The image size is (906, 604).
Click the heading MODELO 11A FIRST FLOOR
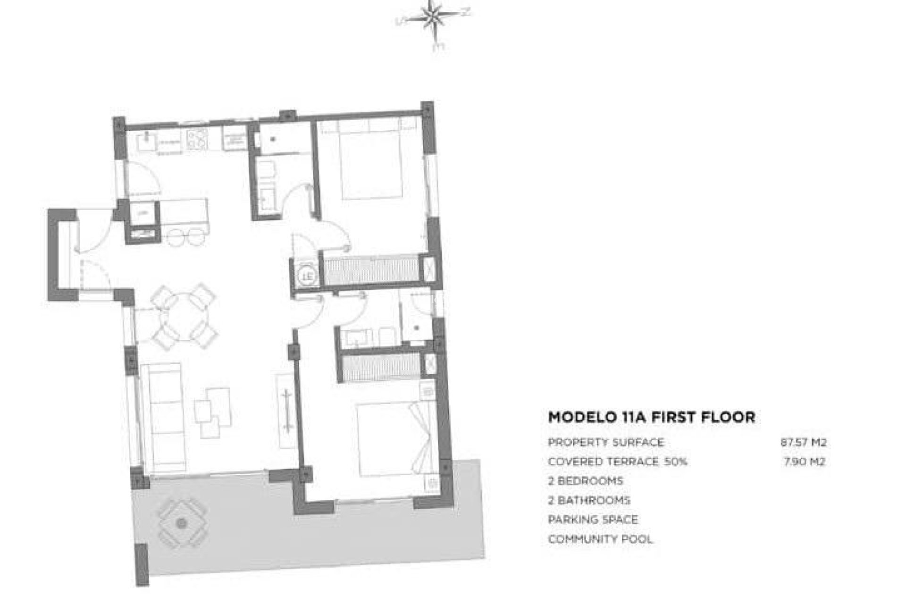(651, 417)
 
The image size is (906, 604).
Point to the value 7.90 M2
(804, 461)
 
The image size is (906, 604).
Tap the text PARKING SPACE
(593, 520)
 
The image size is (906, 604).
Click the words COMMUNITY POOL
(600, 539)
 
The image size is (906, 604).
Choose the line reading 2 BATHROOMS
(589, 500)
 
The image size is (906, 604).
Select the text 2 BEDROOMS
(585, 481)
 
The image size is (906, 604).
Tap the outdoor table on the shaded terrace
(181, 523)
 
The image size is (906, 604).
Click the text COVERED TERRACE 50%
(617, 461)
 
